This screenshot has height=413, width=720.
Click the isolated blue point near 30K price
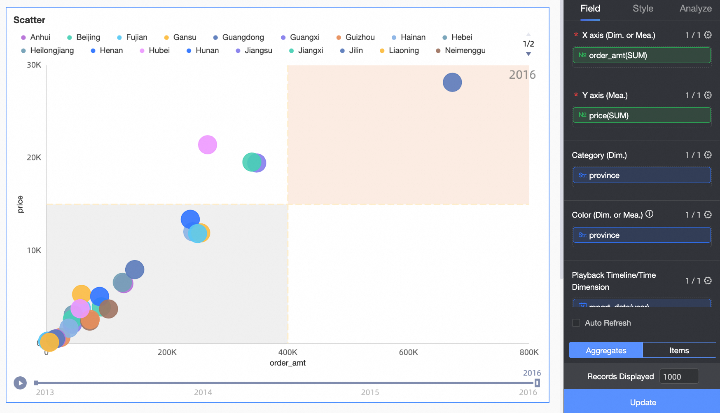tap(452, 82)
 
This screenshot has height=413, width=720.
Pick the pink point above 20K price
tap(208, 145)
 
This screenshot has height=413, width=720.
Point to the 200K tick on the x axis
tap(167, 352)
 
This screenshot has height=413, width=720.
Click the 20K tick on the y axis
tap(34, 157)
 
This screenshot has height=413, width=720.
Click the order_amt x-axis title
tap(288, 363)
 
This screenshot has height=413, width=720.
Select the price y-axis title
tap(20, 204)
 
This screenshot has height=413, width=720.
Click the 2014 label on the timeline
tap(203, 392)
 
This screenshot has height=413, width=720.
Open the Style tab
tap(643, 9)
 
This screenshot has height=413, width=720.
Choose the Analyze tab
tap(695, 9)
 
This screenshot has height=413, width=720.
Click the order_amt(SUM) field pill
tap(641, 56)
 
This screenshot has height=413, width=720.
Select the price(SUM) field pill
tap(641, 115)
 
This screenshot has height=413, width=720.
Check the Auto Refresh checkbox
tap(576, 323)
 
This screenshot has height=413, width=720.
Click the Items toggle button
tap(679, 350)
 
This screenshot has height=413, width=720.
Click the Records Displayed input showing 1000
tap(678, 377)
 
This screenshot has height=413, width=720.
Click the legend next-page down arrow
tap(528, 54)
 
